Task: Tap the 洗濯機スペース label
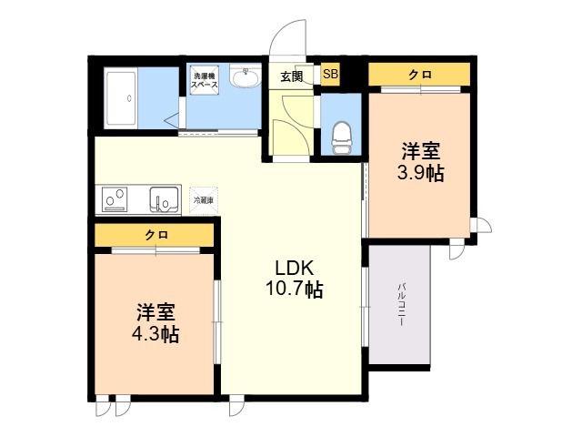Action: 204,78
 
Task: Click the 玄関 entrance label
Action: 291,76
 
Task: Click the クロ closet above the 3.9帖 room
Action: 419,75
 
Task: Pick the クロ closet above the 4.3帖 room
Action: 156,235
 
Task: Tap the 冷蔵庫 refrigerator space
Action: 203,198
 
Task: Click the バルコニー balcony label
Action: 400,305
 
